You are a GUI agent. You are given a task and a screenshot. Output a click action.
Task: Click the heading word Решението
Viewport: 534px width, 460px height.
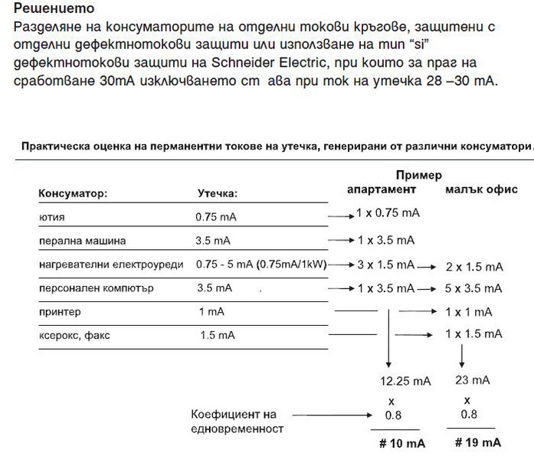[x=55, y=9]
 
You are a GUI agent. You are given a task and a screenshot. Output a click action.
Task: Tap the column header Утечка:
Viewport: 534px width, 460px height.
[x=218, y=194]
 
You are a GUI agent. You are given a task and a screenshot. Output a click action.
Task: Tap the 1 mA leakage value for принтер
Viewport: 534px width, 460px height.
[x=211, y=312]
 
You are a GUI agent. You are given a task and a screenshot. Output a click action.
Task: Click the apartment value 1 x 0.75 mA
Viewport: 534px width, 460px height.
[x=388, y=212]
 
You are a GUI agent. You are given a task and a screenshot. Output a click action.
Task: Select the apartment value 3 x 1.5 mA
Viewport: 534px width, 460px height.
[x=386, y=264]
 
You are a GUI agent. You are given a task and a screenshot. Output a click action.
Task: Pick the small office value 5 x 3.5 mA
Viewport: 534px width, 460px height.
[x=473, y=289]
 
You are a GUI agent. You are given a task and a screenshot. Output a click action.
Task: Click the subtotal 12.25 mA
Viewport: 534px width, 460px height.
[x=406, y=380]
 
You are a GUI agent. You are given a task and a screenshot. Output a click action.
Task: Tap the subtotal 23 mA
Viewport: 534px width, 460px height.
[x=472, y=380]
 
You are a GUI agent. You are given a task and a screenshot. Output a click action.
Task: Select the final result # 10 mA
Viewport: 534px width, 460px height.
[x=402, y=443]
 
